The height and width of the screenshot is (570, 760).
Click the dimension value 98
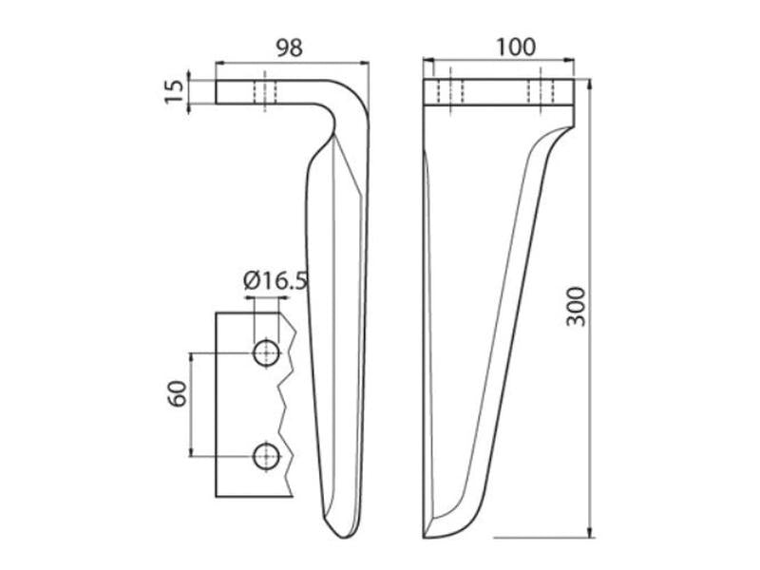pos(290,47)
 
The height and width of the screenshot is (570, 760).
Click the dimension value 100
pos(516,47)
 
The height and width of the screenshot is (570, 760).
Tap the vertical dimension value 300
pos(577,307)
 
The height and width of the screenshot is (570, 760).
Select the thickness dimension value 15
pos(175,92)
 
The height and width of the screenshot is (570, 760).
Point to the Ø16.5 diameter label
pos(275,280)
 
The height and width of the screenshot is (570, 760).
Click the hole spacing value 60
pos(178,393)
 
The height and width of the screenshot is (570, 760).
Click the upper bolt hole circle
pos(266,353)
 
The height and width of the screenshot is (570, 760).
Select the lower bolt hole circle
pos(266,456)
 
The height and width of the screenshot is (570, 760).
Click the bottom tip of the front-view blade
pos(425,538)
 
